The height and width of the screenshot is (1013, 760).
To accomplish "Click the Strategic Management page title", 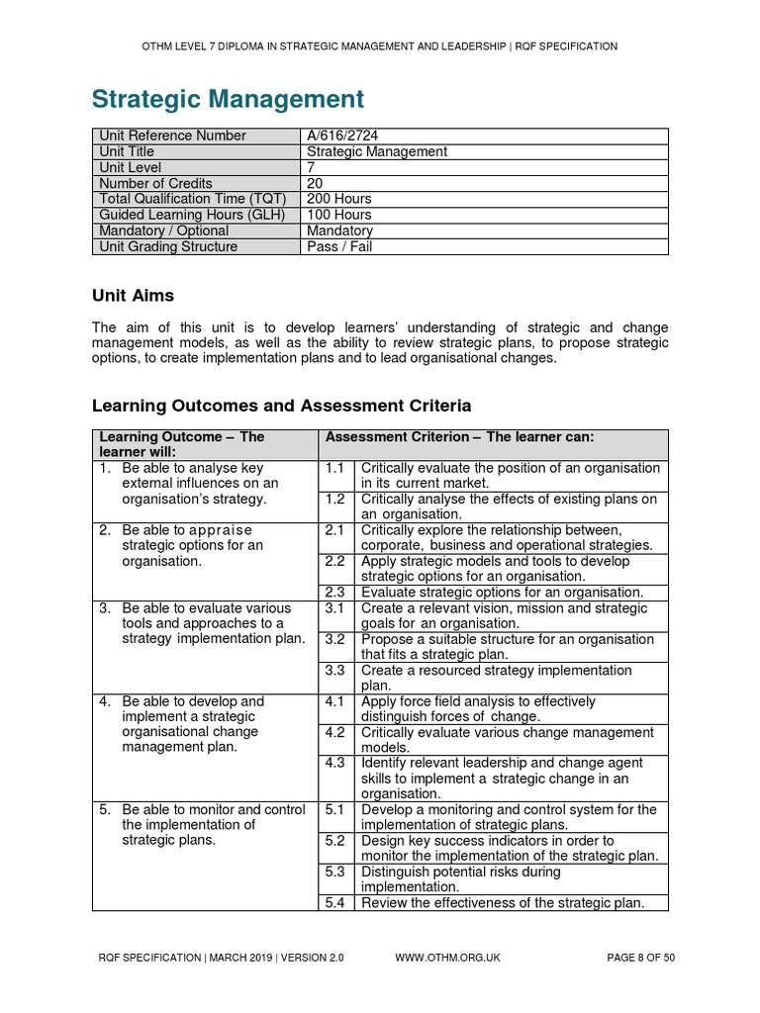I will pos(228,99).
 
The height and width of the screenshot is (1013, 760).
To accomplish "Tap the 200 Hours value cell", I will pos(339,199).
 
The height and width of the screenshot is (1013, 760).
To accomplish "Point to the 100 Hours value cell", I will pos(339,215).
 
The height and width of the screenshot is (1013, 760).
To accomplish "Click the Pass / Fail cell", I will pos(339,246).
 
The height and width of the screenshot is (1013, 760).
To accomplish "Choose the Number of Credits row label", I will pos(156,183).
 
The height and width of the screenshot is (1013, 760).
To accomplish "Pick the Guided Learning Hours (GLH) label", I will pos(192,215).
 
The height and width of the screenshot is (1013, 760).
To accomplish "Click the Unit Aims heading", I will pos(133,295).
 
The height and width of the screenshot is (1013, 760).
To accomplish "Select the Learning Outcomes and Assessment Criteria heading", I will pos(281,406).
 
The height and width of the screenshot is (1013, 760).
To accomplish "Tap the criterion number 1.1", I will pos(334,468).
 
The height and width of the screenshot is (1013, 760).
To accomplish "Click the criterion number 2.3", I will pos(334,592).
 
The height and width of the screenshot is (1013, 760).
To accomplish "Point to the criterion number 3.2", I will pos(334,639).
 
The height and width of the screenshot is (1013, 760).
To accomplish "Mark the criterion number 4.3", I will pos(334,763).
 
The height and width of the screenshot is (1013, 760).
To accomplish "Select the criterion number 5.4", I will pos(334,902).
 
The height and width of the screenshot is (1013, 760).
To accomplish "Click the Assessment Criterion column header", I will pos(459,436).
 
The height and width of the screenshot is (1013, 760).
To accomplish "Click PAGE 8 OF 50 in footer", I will pos(640,958).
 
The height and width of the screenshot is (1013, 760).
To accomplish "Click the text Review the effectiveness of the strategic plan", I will pos(503,902).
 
